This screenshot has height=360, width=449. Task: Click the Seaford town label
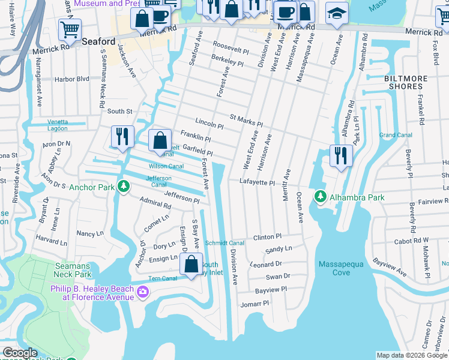98,41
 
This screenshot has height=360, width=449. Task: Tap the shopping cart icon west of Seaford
70,29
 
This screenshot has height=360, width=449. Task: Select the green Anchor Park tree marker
123,186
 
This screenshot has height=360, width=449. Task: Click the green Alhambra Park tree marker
321,196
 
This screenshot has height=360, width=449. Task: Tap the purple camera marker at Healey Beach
143,292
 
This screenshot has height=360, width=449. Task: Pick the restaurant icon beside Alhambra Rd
340,155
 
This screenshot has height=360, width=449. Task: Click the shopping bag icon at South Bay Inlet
191,264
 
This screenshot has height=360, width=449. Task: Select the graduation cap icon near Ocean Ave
337,13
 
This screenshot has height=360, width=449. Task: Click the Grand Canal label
395,135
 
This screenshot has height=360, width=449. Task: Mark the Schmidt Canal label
224,243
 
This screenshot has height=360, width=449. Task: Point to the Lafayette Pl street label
257,182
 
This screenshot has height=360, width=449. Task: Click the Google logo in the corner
20,353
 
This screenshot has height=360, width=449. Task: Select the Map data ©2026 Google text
411,355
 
